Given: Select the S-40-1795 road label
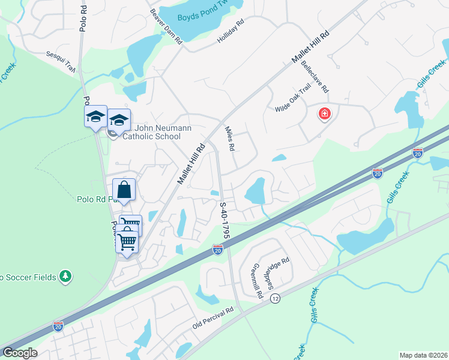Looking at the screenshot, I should click(x=223, y=221).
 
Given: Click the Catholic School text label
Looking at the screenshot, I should click(x=151, y=136).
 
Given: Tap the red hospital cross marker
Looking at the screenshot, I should click(x=324, y=113).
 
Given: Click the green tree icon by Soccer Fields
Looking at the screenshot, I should click(x=65, y=277).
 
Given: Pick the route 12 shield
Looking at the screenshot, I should click(x=276, y=298).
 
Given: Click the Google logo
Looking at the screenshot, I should click(x=19, y=353).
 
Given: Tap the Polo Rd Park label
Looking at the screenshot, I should click(x=94, y=199).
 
